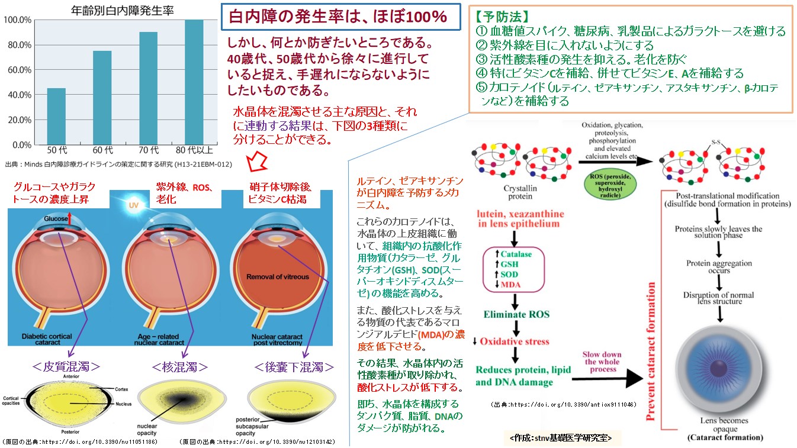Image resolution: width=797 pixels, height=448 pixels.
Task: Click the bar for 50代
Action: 56,116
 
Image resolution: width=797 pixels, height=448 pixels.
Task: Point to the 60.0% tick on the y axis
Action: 17,70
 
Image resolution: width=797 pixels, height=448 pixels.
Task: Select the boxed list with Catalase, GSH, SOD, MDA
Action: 514,270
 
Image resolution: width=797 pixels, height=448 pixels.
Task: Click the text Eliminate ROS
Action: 516,314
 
